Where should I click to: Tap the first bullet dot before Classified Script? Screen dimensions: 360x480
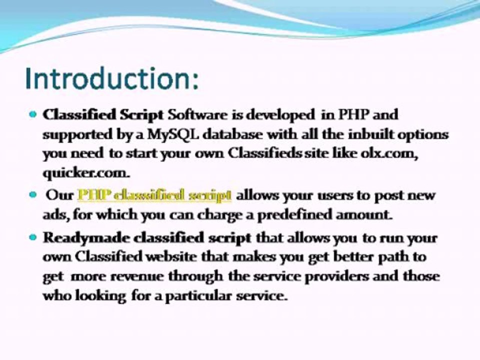[x=33, y=114]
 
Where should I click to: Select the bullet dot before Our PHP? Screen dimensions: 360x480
[x=33, y=194]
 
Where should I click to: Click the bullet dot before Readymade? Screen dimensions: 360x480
[x=33, y=237]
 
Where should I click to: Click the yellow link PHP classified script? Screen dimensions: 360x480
[x=154, y=194]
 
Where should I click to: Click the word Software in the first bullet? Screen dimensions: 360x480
[x=197, y=114]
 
